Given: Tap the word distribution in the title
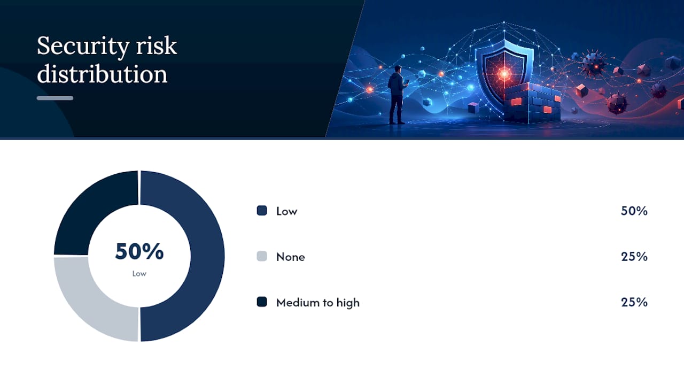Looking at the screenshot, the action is click(102, 74).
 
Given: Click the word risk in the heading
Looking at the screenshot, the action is click(157, 45).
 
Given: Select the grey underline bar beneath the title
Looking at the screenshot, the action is click(55, 98).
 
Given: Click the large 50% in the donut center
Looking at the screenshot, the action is click(139, 251).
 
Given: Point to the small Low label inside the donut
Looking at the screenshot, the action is click(139, 273).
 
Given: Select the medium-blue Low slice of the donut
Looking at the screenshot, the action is click(208, 256).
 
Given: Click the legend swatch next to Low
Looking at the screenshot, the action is click(262, 211).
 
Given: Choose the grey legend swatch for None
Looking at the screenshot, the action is click(262, 256).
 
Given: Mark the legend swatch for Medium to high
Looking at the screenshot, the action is click(262, 302).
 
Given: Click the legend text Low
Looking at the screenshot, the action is click(287, 211).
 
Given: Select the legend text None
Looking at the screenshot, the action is click(290, 257).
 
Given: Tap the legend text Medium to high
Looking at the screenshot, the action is click(318, 303).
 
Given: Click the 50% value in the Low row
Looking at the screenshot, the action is click(634, 211).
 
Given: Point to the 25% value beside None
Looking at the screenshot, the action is click(634, 257).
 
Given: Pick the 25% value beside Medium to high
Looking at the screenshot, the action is click(634, 302).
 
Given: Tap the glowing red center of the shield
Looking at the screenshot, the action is click(504, 73).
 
